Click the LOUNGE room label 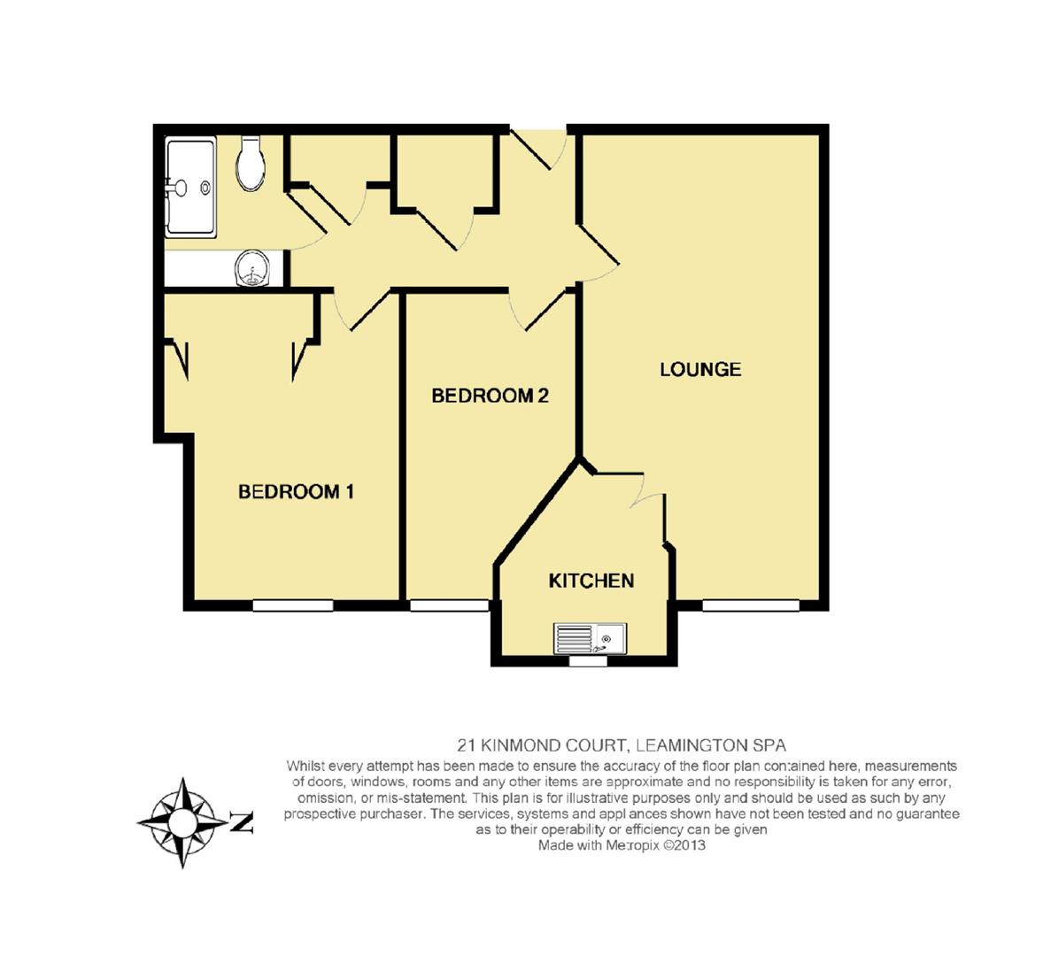click(x=700, y=369)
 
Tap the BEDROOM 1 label click(x=296, y=491)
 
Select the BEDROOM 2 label click(x=490, y=396)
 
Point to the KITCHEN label click(x=591, y=581)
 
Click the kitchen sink click(x=590, y=637)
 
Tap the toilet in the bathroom click(x=251, y=165)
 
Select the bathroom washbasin click(x=251, y=268)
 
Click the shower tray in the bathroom click(x=190, y=188)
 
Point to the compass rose click(x=183, y=822)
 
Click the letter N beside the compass click(x=242, y=822)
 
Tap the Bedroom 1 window click(x=293, y=605)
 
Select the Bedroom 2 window click(x=449, y=605)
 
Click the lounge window click(x=751, y=605)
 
